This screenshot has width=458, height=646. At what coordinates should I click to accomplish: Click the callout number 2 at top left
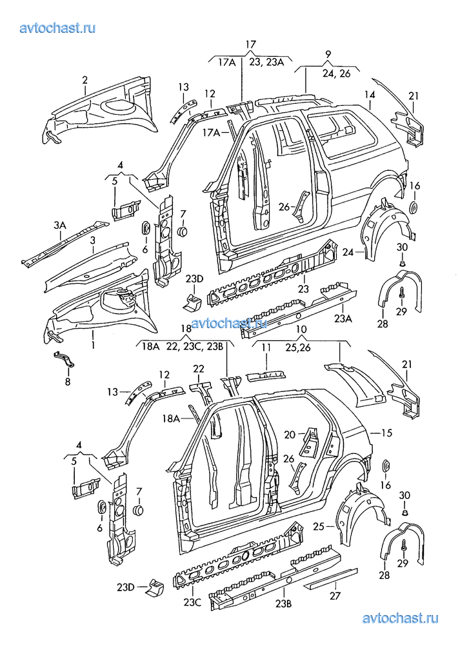(x=85, y=79)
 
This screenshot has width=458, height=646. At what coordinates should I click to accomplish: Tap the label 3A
(x=60, y=226)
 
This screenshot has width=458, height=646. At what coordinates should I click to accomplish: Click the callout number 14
(x=370, y=95)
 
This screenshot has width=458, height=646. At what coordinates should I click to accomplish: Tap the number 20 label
(x=290, y=434)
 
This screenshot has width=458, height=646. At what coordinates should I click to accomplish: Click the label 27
(x=335, y=596)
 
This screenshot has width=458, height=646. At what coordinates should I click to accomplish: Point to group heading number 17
(x=250, y=44)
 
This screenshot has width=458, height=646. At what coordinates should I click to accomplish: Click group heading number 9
(x=328, y=54)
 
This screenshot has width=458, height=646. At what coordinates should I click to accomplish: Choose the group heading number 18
(x=187, y=328)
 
